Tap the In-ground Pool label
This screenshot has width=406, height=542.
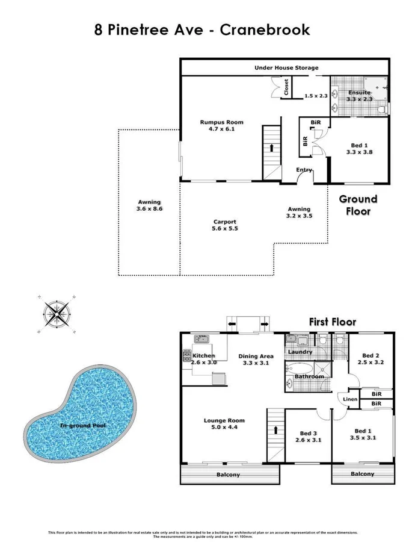[82, 425]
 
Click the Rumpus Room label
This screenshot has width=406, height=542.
[221, 122]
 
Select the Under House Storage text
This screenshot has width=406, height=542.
[286, 68]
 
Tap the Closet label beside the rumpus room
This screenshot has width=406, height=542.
[286, 89]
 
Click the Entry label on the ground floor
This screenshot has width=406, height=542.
[304, 170]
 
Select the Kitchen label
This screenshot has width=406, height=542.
[204, 356]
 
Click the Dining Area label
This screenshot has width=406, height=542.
[256, 356]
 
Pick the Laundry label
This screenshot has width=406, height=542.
[300, 352]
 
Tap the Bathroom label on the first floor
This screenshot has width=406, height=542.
[309, 377]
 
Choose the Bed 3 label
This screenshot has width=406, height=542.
[309, 433]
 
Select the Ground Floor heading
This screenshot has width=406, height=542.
[358, 205]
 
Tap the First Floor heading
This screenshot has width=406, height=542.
[333, 322]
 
